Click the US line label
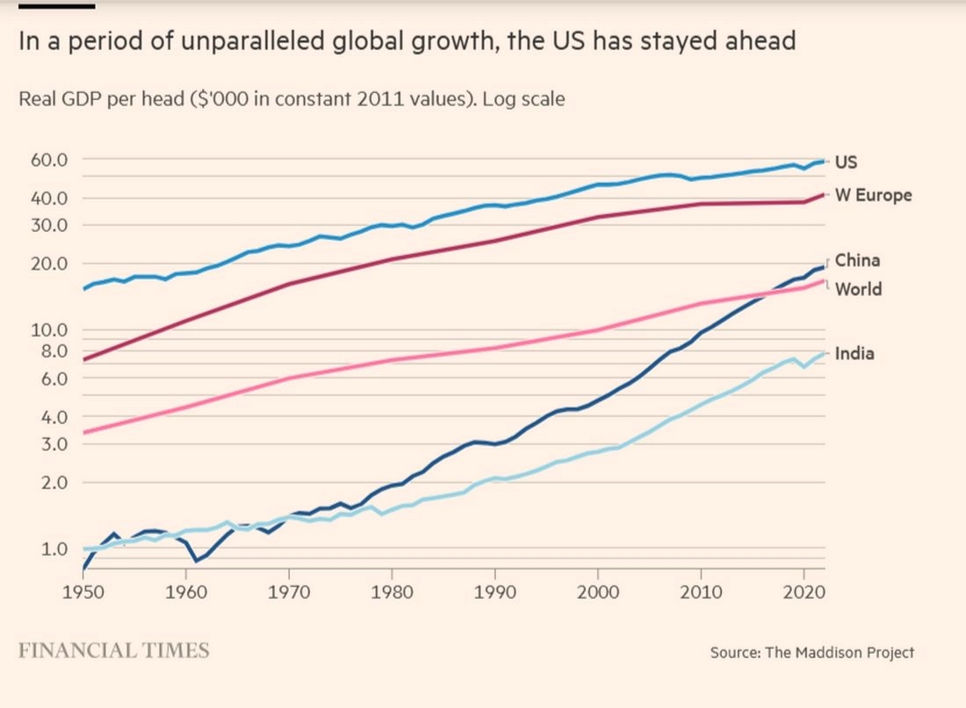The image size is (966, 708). (x=846, y=162)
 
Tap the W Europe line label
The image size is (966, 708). (x=873, y=195)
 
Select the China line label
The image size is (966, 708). (x=857, y=260)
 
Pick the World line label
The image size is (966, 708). (x=858, y=289)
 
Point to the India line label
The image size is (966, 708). (x=854, y=354)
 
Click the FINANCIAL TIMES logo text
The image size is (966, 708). (x=114, y=651)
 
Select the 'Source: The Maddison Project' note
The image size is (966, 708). (x=812, y=653)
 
